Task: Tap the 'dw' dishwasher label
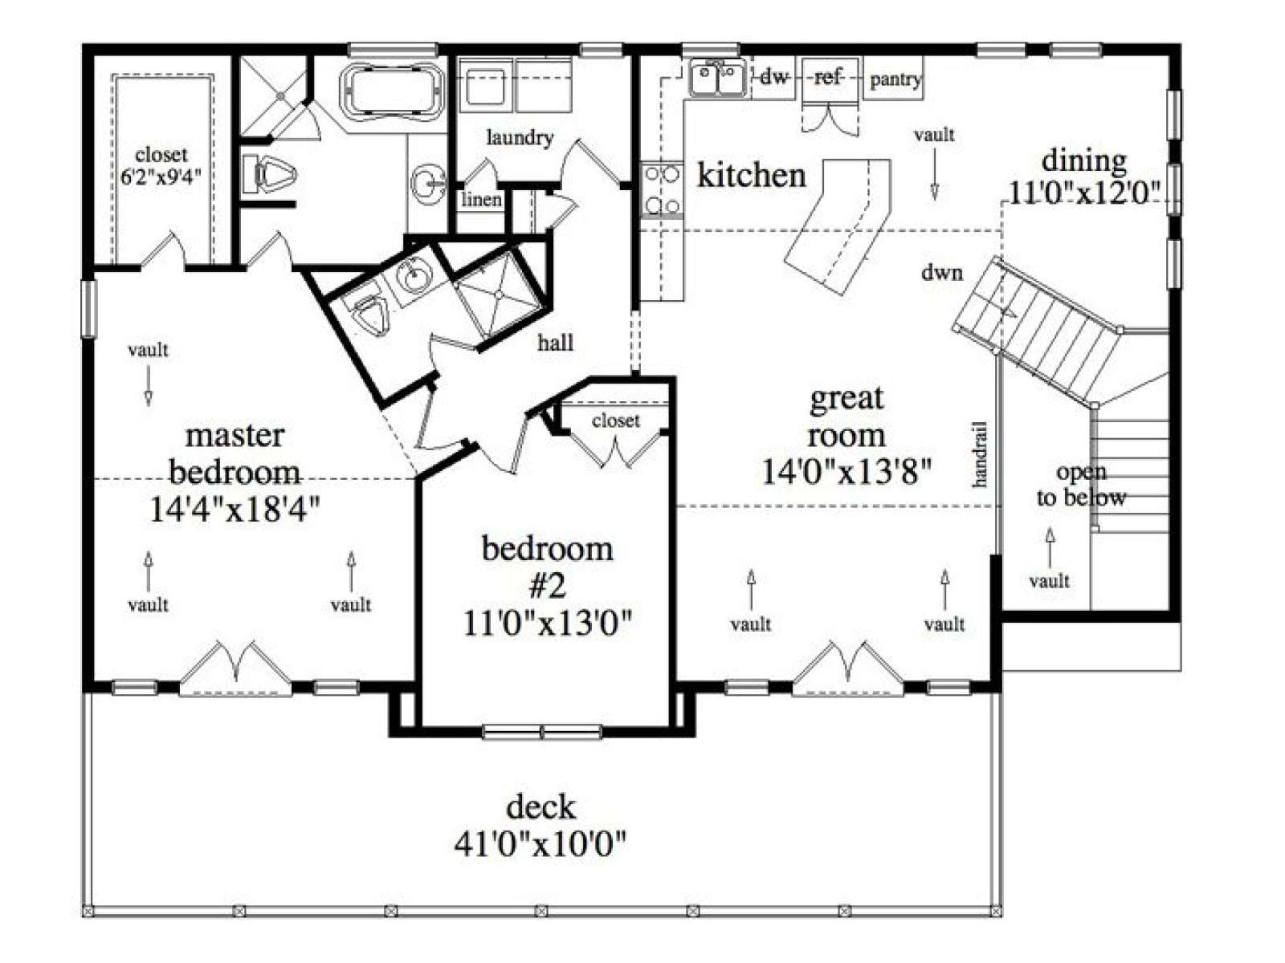pyautogui.click(x=774, y=76)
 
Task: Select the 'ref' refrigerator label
pyautogui.click(x=827, y=76)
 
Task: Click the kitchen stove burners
pyautogui.click(x=662, y=189)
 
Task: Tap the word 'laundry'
pyautogui.click(x=520, y=139)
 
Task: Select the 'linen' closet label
pyautogui.click(x=481, y=200)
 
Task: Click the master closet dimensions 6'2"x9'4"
pyautogui.click(x=161, y=177)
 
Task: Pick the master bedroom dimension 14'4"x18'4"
pyautogui.click(x=235, y=510)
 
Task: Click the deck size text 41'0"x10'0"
pyautogui.click(x=540, y=843)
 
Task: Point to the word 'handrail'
pyautogui.click(x=980, y=454)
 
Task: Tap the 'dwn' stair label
pyautogui.click(x=942, y=272)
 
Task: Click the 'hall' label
pyautogui.click(x=556, y=343)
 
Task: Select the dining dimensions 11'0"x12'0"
pyautogui.click(x=1085, y=193)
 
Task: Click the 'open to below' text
pyautogui.click(x=1081, y=485)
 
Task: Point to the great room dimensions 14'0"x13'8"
pyautogui.click(x=846, y=471)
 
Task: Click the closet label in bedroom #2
pyautogui.click(x=616, y=421)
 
